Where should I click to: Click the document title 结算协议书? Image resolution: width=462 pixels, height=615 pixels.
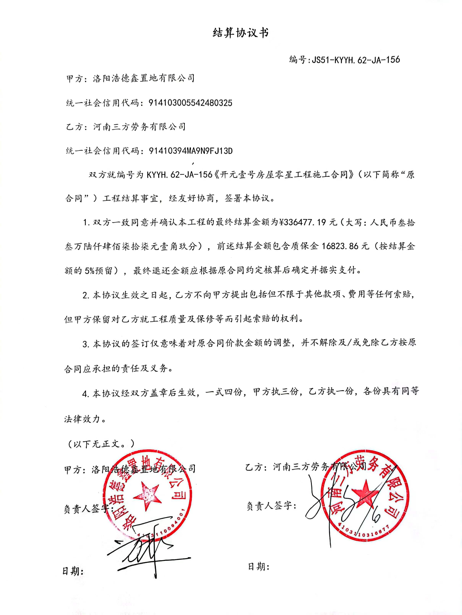pos(241,33)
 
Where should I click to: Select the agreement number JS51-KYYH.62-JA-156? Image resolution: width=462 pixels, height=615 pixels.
pos(356,60)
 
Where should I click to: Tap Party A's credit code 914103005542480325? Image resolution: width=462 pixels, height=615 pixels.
pos(190,103)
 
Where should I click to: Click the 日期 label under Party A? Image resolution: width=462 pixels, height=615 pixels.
pos(73,571)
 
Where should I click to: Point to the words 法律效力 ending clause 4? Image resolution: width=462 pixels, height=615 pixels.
pos(82,419)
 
